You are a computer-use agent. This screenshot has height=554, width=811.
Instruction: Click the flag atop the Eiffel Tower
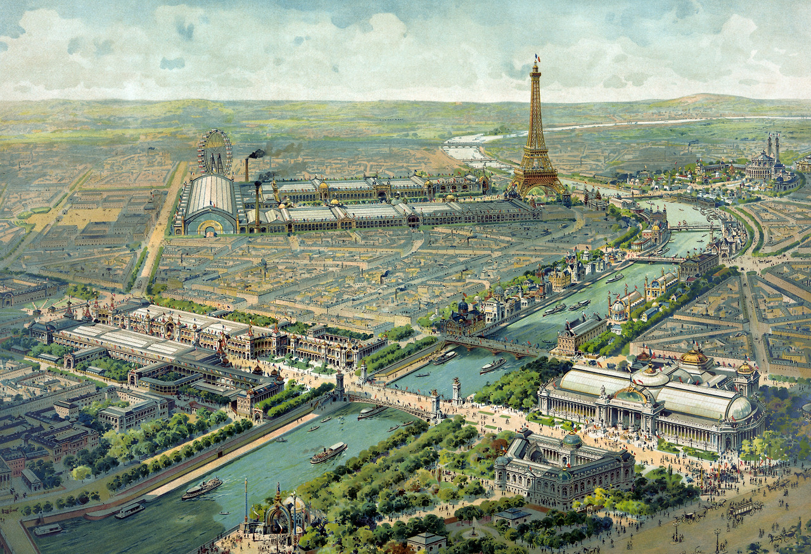tap(537, 58)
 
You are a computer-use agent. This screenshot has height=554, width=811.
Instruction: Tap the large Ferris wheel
tap(215, 151)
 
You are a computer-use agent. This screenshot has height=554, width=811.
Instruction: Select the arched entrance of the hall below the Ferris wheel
tap(210, 226)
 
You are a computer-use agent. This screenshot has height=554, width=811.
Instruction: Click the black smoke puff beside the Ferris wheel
tap(256, 153)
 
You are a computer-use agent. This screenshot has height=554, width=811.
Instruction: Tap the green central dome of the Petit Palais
tap(572, 439)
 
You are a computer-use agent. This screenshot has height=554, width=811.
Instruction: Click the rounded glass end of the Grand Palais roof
tap(739, 409)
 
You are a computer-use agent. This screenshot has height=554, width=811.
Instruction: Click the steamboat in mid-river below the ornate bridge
tap(328, 452)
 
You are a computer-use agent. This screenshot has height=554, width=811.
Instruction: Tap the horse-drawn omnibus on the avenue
tap(747, 507)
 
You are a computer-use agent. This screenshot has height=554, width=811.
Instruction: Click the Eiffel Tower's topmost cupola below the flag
tap(537, 68)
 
